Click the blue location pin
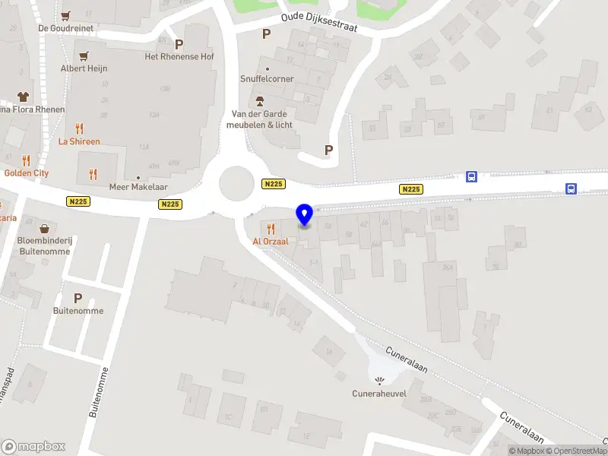(x=305, y=215)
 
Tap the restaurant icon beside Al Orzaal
(x=271, y=228)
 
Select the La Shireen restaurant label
(x=79, y=141)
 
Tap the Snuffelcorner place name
(x=267, y=78)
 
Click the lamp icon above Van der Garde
(x=259, y=102)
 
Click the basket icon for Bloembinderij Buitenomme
(x=44, y=229)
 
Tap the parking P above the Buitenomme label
(x=78, y=298)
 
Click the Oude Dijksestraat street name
(x=318, y=23)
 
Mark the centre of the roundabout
(x=236, y=183)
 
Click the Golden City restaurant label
(x=26, y=173)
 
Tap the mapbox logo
(x=33, y=447)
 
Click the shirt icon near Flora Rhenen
(x=23, y=97)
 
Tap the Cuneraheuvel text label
(x=379, y=394)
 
